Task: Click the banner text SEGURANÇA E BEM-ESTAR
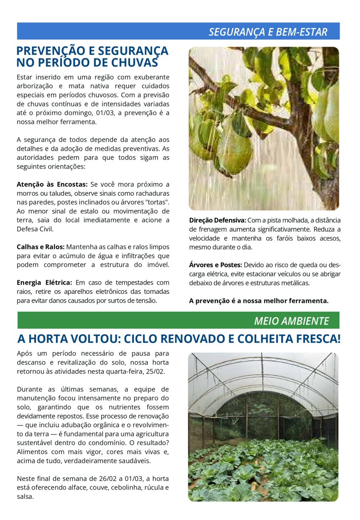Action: (x=268, y=32)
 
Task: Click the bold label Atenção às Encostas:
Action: (x=52, y=184)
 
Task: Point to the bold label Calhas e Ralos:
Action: (x=40, y=247)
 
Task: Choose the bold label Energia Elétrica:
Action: (x=44, y=282)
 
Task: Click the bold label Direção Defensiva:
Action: (x=217, y=220)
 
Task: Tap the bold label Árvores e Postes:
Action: (x=215, y=265)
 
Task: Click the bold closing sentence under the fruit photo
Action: (x=258, y=301)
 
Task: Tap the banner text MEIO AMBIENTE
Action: (x=291, y=321)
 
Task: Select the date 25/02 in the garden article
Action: (x=156, y=371)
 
